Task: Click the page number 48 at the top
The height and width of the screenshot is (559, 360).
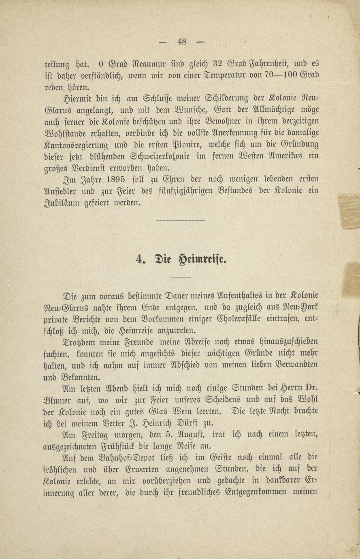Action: pyautogui.click(x=181, y=41)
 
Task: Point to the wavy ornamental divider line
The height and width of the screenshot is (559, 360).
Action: pyautogui.click(x=181, y=221)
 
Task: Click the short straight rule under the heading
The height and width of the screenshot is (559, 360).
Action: pyautogui.click(x=181, y=277)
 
